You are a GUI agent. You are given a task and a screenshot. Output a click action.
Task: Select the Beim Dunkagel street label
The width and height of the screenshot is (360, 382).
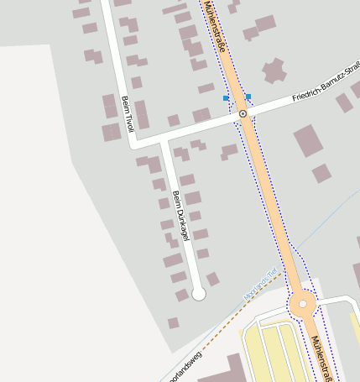click(x=180, y=215)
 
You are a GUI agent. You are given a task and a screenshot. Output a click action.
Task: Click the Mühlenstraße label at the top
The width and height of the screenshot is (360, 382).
click(x=216, y=27)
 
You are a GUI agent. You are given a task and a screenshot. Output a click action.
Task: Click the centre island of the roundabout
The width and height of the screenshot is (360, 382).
click(x=302, y=305)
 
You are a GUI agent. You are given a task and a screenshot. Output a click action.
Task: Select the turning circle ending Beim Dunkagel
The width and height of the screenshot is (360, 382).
click(x=199, y=294)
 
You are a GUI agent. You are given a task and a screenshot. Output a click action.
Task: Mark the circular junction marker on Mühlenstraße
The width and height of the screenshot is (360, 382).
click(x=243, y=113)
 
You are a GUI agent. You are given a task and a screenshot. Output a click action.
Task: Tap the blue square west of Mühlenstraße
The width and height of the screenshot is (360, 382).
click(x=226, y=99)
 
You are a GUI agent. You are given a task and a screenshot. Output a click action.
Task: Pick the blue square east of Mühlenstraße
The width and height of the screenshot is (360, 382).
click(x=248, y=97)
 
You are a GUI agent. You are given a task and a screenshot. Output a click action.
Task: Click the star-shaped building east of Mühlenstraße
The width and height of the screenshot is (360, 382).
click(x=274, y=71)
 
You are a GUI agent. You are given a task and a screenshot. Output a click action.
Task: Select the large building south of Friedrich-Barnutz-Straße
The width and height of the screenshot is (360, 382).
click(x=308, y=141)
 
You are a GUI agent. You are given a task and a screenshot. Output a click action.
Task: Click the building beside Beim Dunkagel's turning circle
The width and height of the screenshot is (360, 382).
click(x=213, y=279)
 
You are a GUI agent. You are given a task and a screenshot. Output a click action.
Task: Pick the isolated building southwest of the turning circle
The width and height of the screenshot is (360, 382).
click(x=173, y=322)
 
